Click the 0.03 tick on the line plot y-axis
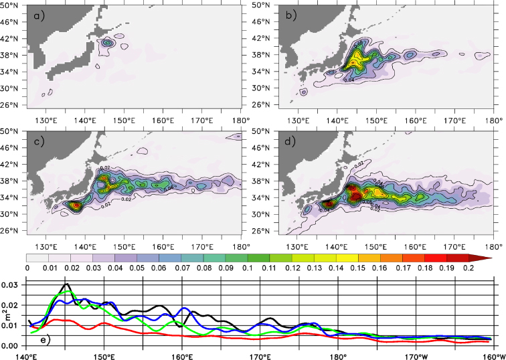click(x=12, y=285)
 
